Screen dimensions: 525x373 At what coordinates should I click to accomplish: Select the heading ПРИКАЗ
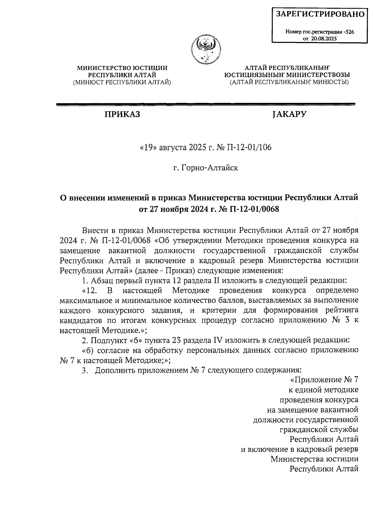point(122,114)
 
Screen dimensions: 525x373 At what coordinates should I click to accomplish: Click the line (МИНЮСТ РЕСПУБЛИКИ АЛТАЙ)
point(122,82)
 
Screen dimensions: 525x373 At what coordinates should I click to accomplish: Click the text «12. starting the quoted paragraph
point(91,291)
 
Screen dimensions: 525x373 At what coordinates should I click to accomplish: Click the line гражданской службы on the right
point(319,430)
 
